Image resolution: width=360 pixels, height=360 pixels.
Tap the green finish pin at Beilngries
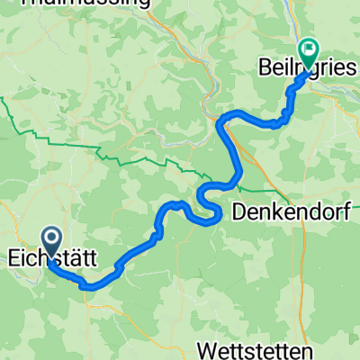click(308, 52)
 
